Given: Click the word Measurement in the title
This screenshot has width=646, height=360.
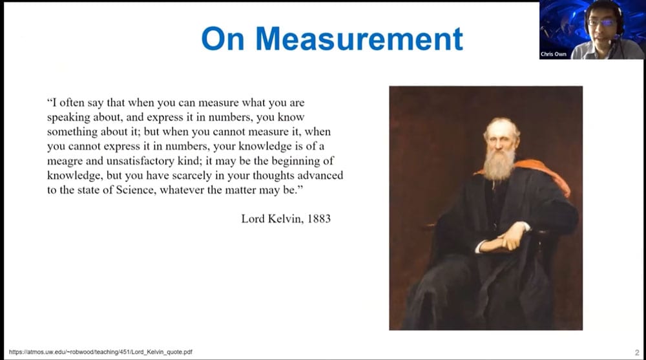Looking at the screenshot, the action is [x=359, y=39].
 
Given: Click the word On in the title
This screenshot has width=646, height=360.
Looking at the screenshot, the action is [x=223, y=39].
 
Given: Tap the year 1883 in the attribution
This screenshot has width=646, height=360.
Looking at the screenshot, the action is [x=319, y=218].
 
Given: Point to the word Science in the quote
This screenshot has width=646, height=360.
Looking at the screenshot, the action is [x=136, y=189].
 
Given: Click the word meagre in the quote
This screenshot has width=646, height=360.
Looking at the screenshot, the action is [x=65, y=161].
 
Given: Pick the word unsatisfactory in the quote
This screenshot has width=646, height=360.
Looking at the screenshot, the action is [x=140, y=161].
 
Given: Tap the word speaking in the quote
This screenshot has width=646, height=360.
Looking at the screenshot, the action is [x=68, y=118].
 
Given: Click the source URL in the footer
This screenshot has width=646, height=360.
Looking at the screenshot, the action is [x=101, y=352].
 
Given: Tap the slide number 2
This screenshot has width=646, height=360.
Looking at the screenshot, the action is [x=637, y=353].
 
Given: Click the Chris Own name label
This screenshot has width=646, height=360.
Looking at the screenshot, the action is [x=554, y=54].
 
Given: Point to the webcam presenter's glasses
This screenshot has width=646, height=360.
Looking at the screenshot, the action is [x=602, y=22].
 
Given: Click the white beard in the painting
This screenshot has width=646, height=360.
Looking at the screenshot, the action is [x=499, y=164].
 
